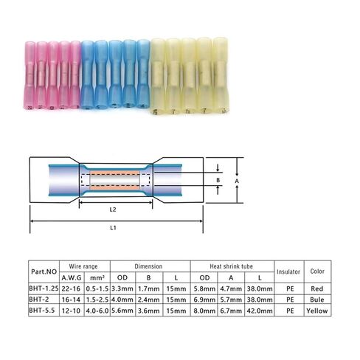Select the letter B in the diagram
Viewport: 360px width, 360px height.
(x=217, y=179)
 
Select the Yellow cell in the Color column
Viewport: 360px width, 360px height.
(x=317, y=311)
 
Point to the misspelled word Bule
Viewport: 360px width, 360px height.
(x=317, y=300)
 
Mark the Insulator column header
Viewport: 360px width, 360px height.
(x=288, y=271)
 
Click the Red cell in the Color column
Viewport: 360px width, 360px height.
(x=317, y=290)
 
